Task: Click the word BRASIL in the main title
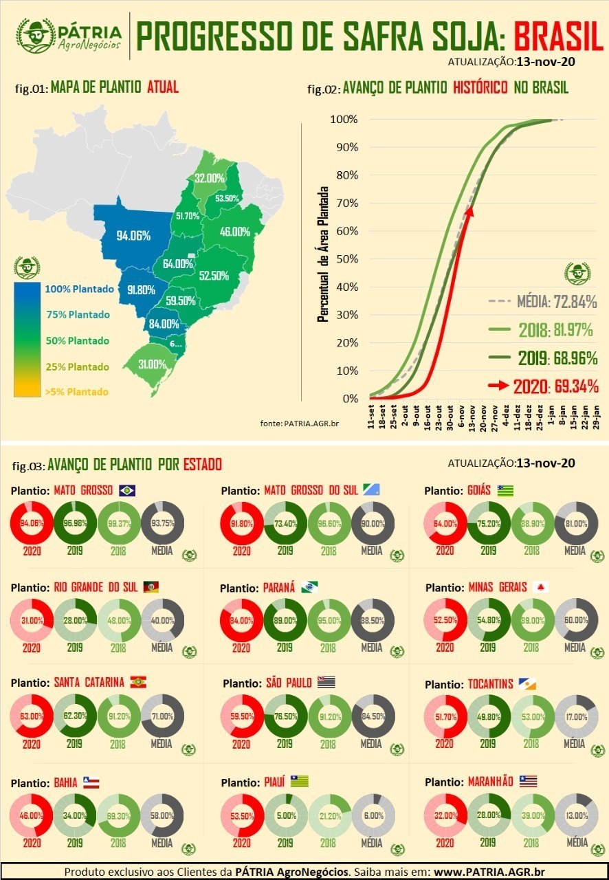558,36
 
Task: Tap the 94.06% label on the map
133,235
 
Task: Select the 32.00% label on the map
210,178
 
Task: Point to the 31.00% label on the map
152,364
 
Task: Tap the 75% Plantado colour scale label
78,315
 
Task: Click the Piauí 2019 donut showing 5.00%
285,815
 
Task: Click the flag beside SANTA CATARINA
138,682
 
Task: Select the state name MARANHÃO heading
491,782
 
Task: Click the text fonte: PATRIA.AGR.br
300,423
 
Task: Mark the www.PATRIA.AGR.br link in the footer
489,872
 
